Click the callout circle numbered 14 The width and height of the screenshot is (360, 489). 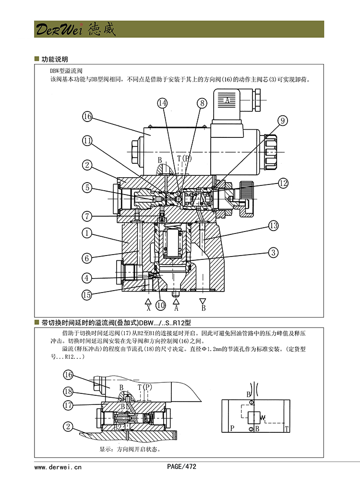click(163, 103)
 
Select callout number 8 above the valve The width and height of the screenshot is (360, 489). click(201, 103)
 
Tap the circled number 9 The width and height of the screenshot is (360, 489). click(283, 120)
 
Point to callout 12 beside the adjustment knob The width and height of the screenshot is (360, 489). click(283, 183)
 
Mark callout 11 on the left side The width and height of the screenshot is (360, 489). click(87, 140)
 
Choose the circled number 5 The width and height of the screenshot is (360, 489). click(87, 187)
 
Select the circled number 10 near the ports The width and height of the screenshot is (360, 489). click(160, 305)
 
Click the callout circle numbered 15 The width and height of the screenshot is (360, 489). click(87, 295)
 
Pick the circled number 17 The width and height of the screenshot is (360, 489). click(69, 405)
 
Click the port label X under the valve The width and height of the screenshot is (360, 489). click(148, 307)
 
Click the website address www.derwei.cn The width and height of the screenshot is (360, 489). click(58, 466)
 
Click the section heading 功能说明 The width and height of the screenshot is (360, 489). click(54, 59)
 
